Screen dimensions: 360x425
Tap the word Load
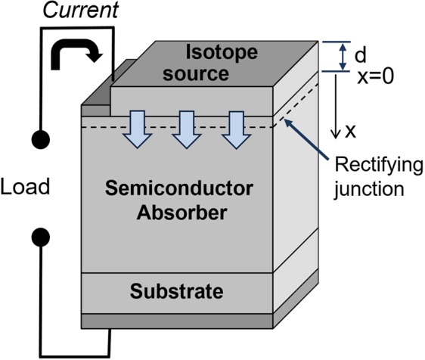tap(25, 186)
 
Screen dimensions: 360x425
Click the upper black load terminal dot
tap(41, 141)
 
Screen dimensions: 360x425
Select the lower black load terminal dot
tap(41, 237)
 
